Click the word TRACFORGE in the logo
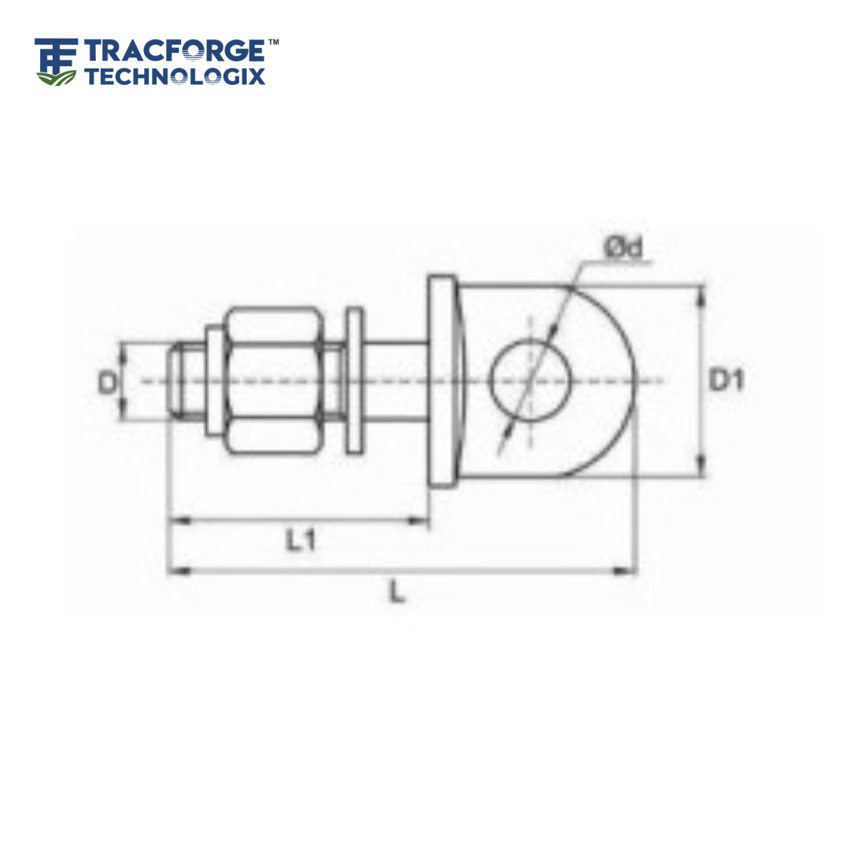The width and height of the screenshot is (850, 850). [175, 51]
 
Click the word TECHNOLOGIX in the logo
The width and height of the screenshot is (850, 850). [175, 76]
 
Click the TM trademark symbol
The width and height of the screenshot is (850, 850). [273, 42]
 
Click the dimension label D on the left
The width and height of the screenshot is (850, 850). [107, 382]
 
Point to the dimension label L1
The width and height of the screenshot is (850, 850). [301, 541]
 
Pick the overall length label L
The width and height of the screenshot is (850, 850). [399, 593]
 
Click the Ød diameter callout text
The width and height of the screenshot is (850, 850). [624, 247]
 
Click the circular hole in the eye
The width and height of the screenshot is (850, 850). [529, 380]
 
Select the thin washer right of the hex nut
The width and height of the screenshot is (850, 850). [355, 381]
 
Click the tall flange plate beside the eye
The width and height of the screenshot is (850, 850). [442, 381]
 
